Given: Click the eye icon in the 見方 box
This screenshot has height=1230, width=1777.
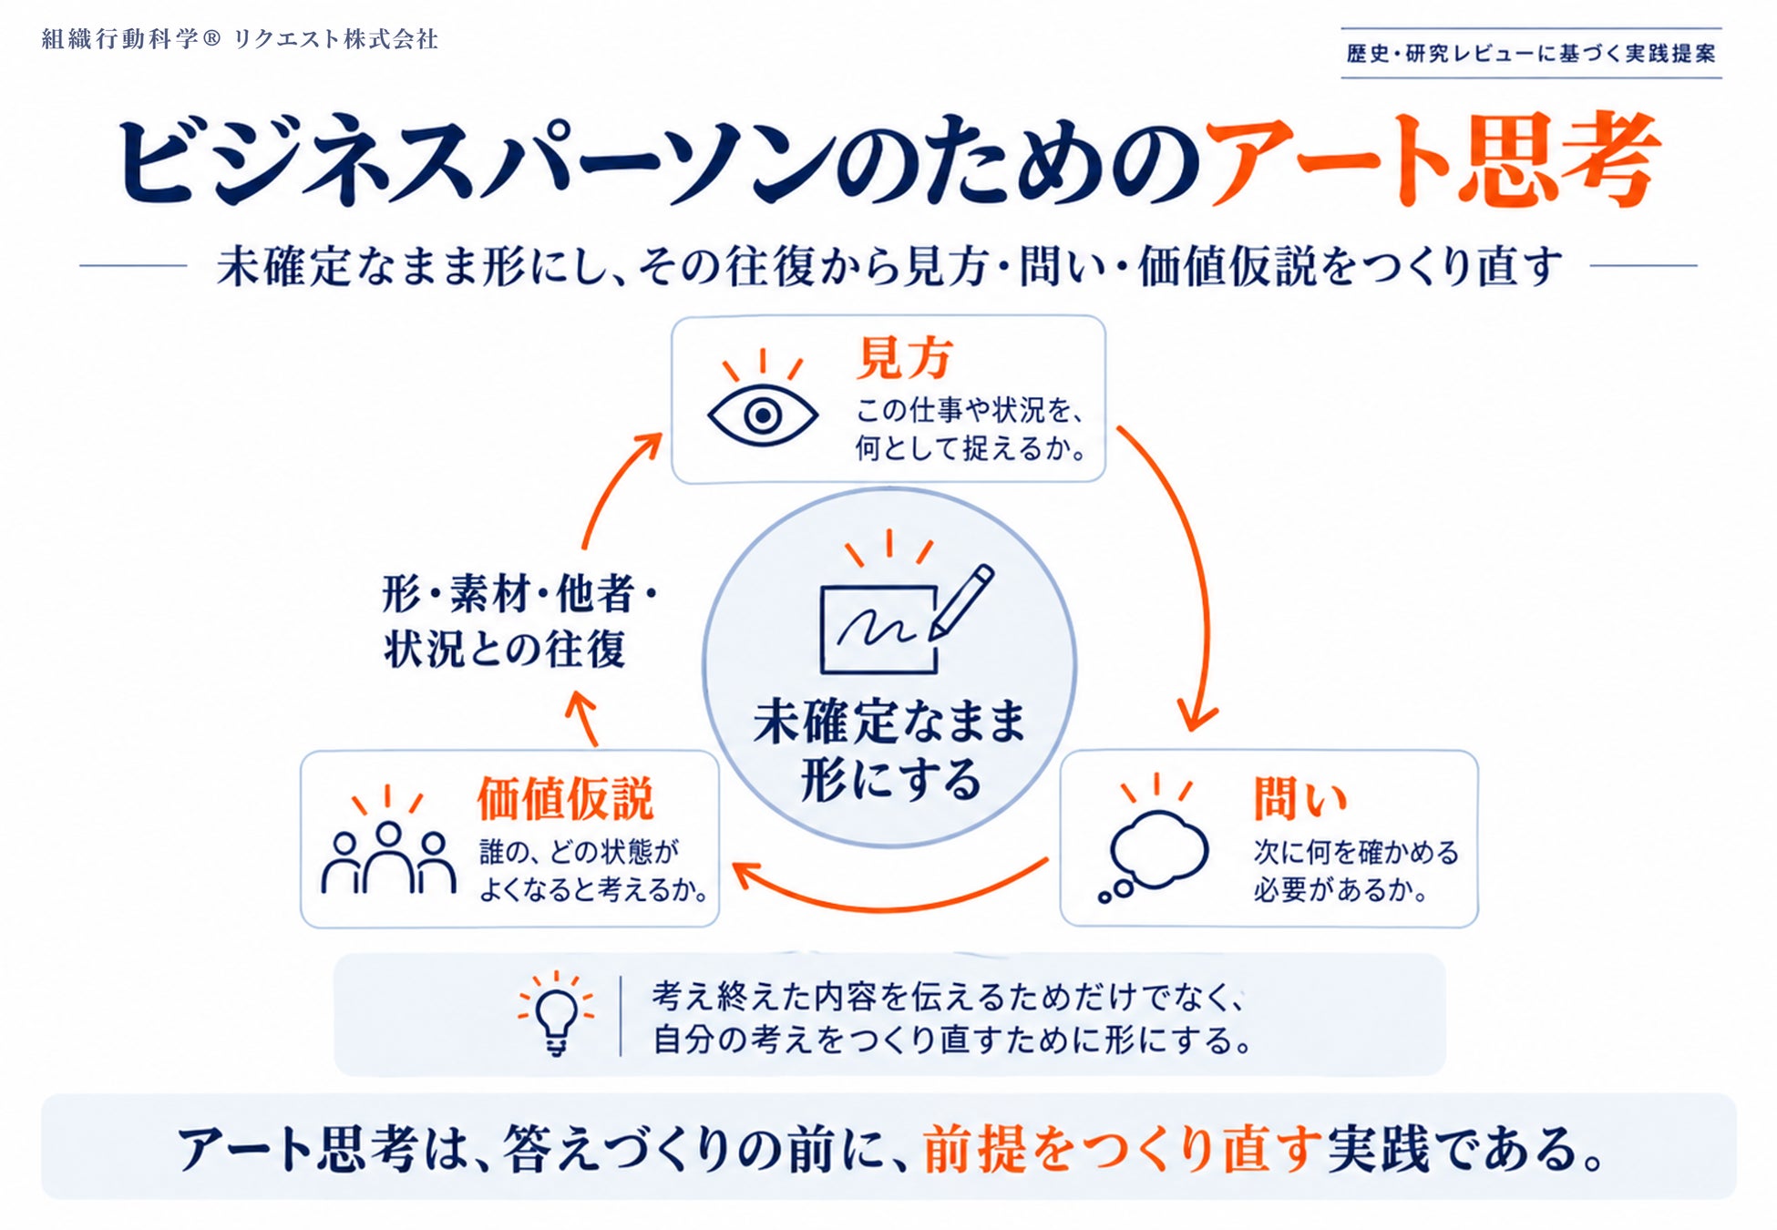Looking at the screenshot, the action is point(763,415).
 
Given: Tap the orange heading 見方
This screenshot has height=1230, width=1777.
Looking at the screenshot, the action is point(904,357).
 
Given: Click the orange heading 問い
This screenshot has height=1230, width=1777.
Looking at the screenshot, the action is point(1299,799).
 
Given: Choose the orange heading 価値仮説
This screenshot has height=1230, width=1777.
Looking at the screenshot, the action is point(565,799).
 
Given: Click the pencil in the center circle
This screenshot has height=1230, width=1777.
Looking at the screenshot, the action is point(961,602).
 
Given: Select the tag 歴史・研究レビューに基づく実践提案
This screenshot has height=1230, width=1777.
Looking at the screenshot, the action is point(1531,54).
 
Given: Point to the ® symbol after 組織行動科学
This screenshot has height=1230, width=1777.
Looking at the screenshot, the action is point(211,39).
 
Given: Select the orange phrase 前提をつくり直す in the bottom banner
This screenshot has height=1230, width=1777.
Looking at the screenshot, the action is point(1122,1149).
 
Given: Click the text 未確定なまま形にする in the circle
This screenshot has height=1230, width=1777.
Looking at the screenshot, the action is point(889,750).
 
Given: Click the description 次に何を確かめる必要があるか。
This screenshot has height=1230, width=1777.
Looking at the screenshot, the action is point(1355,871).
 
